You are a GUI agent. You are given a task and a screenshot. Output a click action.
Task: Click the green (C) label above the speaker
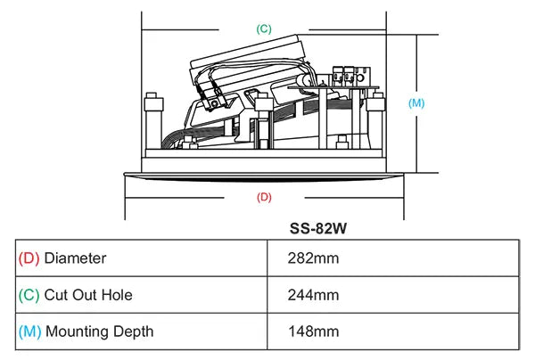tap(264, 29)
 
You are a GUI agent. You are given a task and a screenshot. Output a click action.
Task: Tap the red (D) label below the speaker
tap(264, 197)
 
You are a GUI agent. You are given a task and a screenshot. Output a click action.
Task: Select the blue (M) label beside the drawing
tap(416, 103)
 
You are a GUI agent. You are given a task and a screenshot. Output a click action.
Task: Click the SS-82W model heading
tap(318, 228)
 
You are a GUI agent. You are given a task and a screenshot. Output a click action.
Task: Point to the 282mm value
tap(313, 258)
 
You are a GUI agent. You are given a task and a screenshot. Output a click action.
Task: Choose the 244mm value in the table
tap(313, 295)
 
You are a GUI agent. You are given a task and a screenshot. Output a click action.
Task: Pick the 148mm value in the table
tap(314, 331)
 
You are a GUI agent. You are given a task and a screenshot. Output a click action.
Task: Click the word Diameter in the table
tap(75, 258)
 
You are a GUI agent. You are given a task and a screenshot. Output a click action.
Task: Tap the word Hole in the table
tap(117, 295)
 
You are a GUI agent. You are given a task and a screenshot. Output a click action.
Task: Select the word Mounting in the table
tap(77, 331)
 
